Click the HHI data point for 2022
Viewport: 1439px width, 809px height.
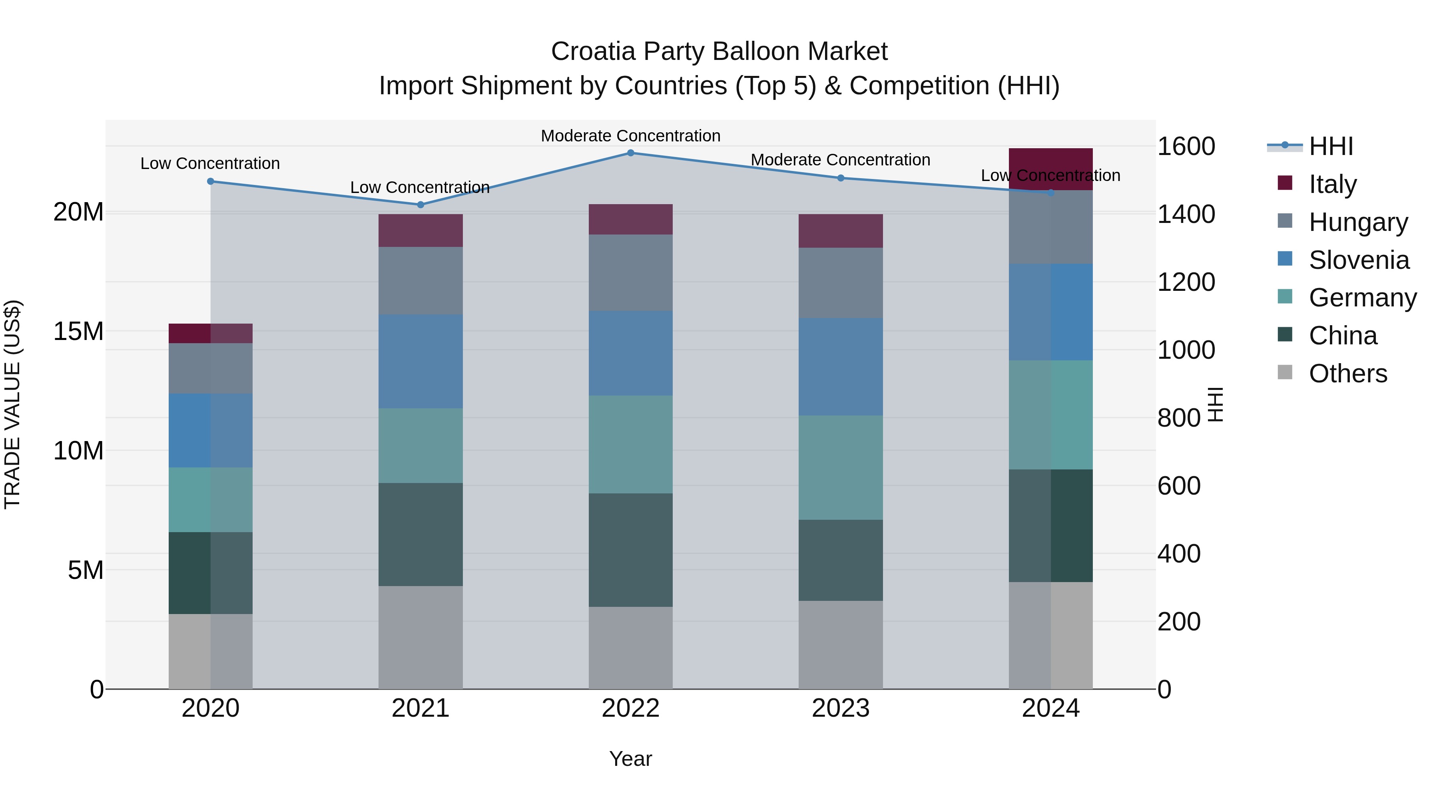631,153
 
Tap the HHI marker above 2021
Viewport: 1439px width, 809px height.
421,204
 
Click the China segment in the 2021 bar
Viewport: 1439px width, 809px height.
421,534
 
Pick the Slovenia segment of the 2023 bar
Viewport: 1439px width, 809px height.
840,366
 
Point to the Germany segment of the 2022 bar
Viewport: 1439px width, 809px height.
631,444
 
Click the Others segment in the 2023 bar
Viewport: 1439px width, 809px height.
840,644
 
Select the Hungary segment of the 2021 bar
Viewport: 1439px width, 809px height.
421,280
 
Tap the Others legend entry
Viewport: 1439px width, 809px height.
1347,374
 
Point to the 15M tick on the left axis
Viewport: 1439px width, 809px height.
78,332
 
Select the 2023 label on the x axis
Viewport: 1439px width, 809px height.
840,708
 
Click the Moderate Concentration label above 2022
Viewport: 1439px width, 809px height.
631,136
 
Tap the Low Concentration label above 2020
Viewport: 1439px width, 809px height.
210,163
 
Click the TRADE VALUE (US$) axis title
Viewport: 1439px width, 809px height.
12,404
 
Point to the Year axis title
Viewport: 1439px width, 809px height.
631,759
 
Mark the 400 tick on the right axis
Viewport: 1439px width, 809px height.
1179,554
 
